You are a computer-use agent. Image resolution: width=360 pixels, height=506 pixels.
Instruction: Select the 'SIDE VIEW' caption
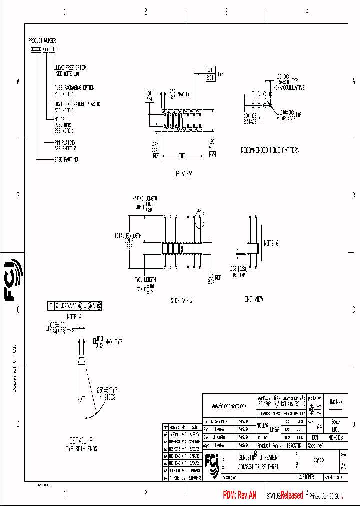(181, 301)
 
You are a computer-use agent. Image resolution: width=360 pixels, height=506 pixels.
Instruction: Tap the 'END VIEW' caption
(253, 299)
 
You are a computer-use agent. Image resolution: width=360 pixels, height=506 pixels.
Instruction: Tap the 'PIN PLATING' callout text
(64, 142)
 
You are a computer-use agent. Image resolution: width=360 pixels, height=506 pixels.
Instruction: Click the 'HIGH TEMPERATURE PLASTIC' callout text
(77, 104)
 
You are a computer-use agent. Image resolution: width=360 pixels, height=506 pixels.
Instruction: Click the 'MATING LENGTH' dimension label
(144, 198)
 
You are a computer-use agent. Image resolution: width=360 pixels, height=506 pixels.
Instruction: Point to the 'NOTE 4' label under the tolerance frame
(73, 316)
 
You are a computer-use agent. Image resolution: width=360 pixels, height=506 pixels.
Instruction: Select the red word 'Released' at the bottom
(291, 495)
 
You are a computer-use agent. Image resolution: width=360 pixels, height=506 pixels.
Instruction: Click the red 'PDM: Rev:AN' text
(239, 495)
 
